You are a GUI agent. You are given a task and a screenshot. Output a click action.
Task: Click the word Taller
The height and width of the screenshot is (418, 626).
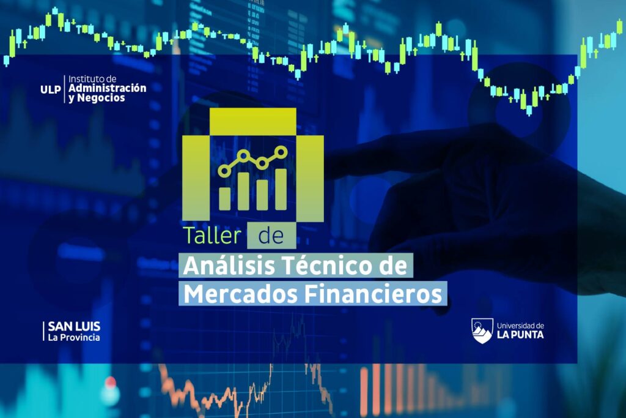pos(212,236)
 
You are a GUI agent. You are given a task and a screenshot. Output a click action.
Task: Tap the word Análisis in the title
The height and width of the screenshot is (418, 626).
pos(229,266)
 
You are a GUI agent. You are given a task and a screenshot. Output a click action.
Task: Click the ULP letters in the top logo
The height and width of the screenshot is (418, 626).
pos(51,89)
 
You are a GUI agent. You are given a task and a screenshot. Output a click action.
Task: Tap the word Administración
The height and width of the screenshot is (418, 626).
pos(108,88)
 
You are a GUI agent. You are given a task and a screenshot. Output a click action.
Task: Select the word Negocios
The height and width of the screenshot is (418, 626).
pos(101,98)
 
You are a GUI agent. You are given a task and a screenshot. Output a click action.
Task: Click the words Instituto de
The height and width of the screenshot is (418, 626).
pos(92,79)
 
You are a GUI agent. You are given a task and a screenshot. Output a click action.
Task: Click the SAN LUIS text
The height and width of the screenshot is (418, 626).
pos(74,326)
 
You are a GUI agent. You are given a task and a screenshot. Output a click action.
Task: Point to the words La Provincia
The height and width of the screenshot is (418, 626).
pos(74,338)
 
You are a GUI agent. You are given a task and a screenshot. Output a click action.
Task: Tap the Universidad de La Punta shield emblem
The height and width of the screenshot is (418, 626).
pos(482,331)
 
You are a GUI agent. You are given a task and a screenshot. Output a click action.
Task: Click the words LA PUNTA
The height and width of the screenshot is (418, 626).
pos(520,335)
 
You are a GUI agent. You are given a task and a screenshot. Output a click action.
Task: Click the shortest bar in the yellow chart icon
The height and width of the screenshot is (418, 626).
pos(225,199)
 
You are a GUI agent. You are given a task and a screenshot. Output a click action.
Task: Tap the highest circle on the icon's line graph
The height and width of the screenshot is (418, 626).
pos(281,152)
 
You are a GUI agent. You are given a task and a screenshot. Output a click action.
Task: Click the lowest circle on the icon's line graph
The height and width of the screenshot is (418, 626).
pos(224,171)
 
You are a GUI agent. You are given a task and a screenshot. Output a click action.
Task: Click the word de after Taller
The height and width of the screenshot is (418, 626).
pos(271,236)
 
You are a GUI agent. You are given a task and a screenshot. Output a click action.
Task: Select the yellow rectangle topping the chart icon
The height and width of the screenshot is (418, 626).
pos(252,122)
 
